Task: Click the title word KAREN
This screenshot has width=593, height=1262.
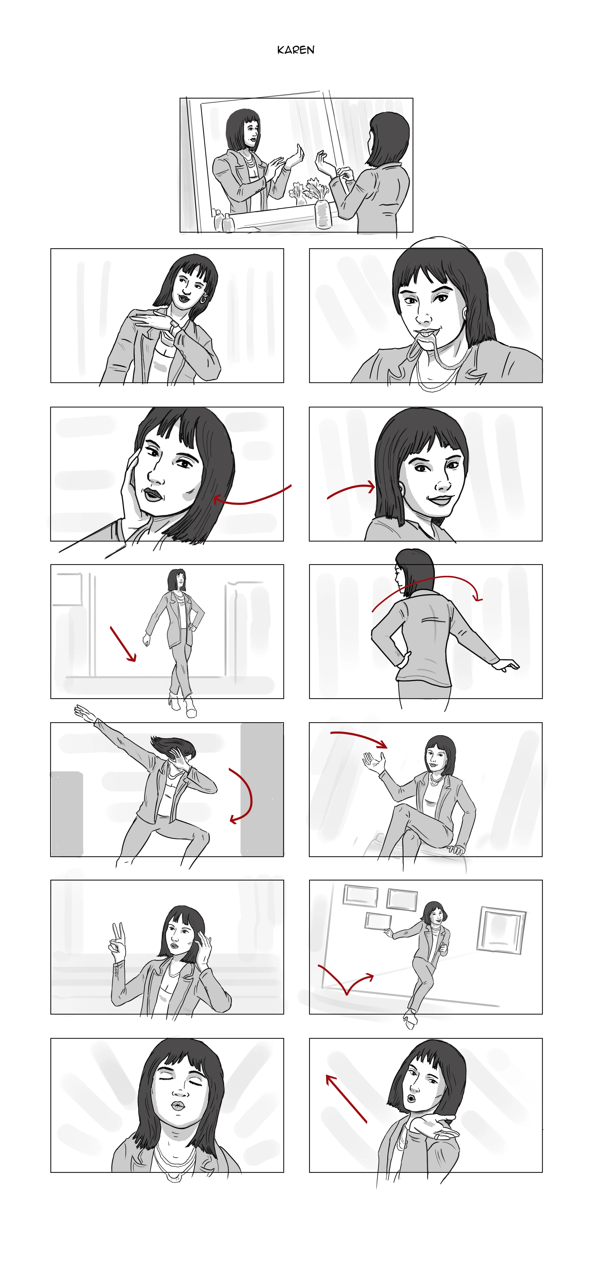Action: [x=296, y=50]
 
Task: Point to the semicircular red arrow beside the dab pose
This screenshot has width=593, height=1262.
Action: [x=250, y=795]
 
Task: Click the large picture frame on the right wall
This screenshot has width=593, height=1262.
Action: [x=501, y=929]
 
